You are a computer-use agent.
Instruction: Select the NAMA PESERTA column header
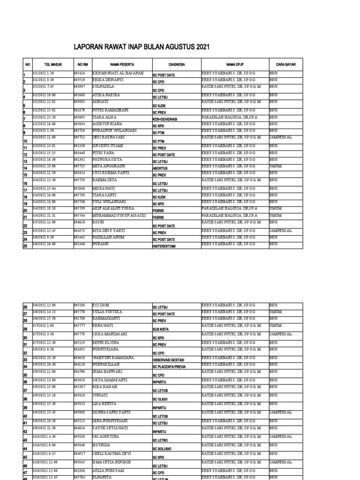[122, 65]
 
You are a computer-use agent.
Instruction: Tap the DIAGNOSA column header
[177, 65]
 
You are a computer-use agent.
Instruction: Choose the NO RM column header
[82, 65]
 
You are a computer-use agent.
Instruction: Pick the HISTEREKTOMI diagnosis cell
[164, 247]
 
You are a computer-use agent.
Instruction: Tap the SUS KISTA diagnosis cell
[161, 329]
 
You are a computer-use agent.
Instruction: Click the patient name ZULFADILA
[104, 86]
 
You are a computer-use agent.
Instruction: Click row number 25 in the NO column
[25, 247]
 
